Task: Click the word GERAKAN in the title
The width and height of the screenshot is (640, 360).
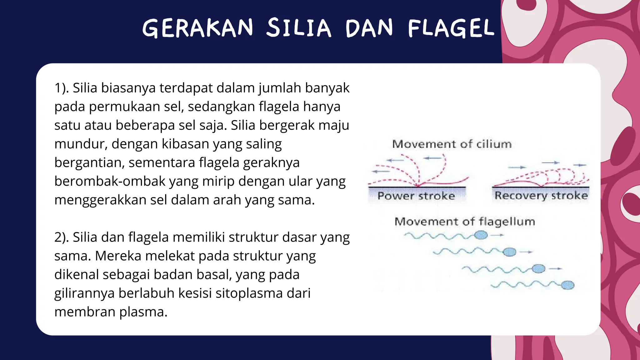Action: click(x=197, y=28)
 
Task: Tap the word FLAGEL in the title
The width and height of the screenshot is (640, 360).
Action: click(x=451, y=28)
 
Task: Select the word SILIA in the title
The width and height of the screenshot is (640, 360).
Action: click(x=298, y=28)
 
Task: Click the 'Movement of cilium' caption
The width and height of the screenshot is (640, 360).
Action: click(x=452, y=144)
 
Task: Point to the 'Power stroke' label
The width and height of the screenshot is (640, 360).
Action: click(x=416, y=196)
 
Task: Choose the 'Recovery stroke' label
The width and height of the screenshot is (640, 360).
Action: click(x=541, y=196)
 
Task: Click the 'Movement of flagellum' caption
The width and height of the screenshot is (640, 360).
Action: click(x=465, y=222)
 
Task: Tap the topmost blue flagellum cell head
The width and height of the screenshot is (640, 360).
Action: click(x=481, y=235)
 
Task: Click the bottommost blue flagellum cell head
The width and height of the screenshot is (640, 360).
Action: click(x=567, y=285)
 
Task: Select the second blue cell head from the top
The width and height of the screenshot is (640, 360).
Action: click(x=509, y=252)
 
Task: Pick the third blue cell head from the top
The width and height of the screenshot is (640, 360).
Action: click(x=538, y=268)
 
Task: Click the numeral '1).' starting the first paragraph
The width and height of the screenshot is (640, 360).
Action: click(x=62, y=88)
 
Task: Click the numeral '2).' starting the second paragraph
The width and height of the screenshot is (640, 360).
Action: click(x=62, y=237)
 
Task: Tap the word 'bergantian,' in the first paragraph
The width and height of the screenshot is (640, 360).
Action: click(x=89, y=163)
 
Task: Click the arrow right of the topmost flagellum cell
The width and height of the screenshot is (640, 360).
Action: click(x=497, y=235)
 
